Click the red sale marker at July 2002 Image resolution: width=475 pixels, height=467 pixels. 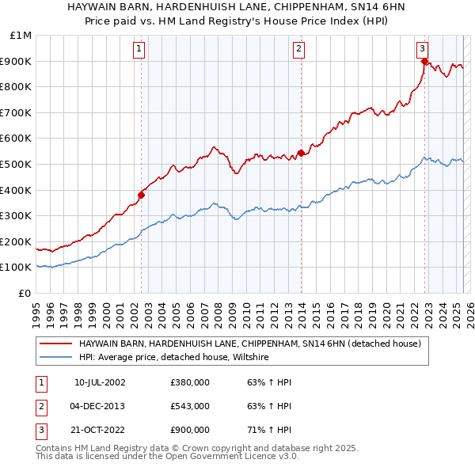pos(142,195)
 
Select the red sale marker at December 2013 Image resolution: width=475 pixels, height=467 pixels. pos(301,153)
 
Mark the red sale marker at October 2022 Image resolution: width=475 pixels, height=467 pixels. pos(425,61)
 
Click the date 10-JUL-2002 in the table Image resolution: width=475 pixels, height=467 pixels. pos(100,382)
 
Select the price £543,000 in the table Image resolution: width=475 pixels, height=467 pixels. pos(190,406)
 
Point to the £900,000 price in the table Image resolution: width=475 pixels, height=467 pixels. pos(190,430)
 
